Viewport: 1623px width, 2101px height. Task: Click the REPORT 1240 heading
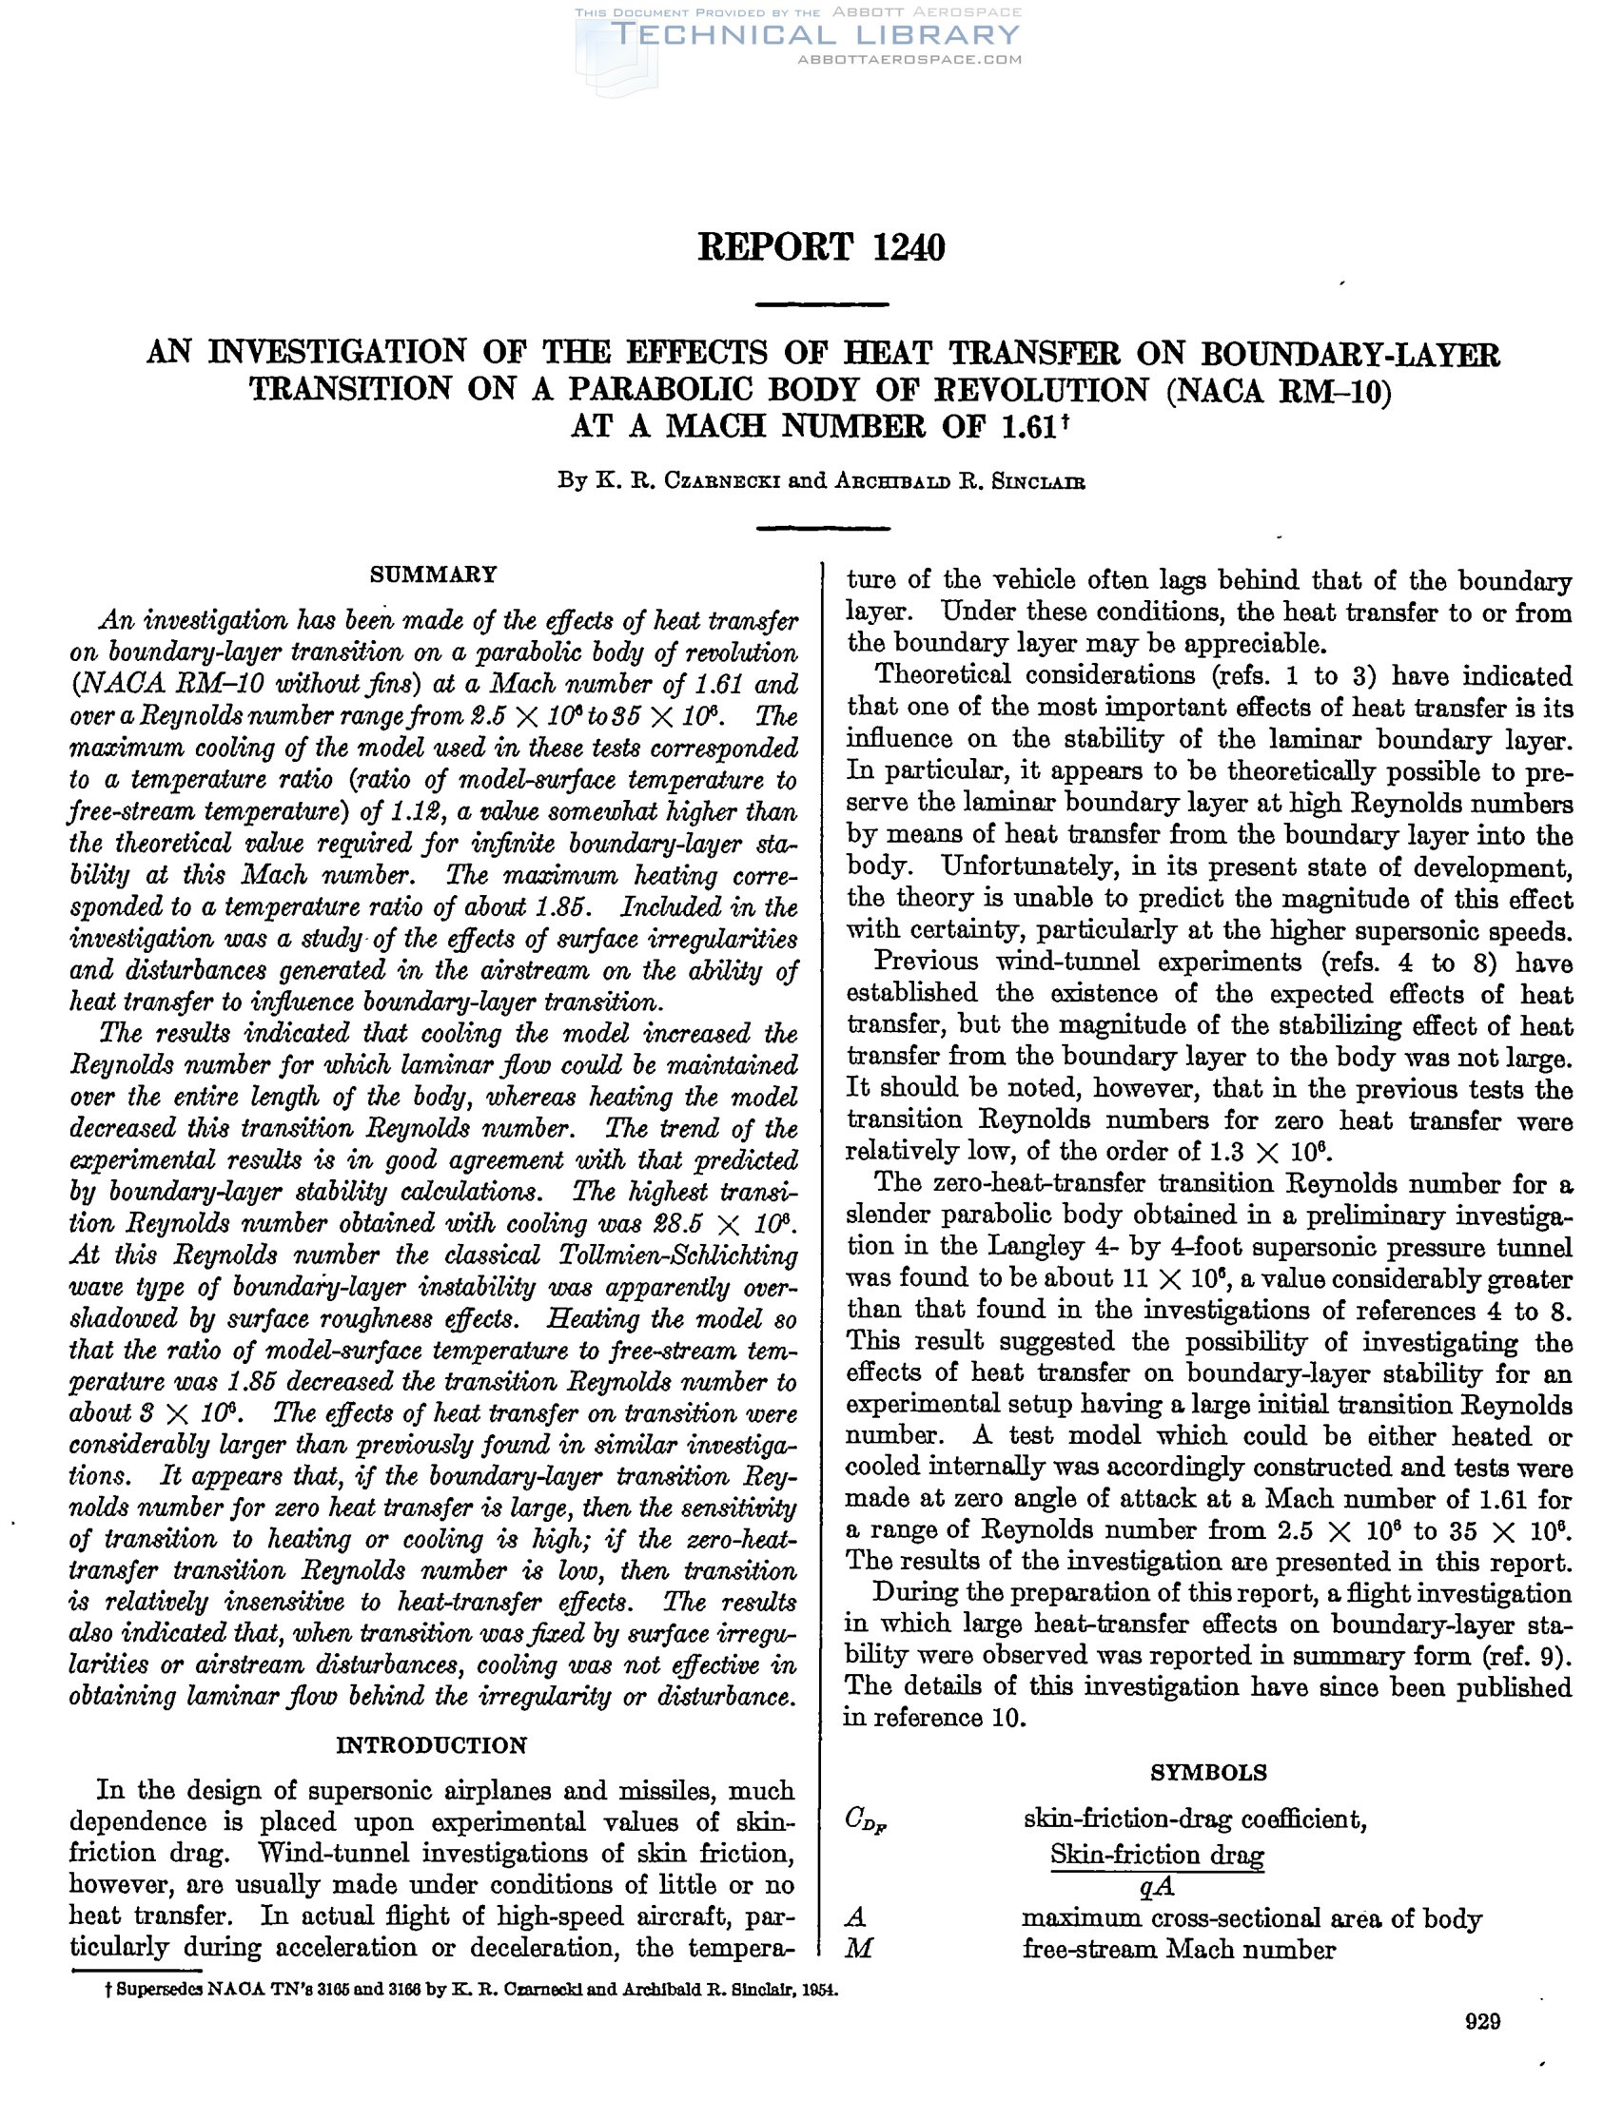tap(821, 248)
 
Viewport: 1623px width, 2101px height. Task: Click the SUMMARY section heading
tap(433, 574)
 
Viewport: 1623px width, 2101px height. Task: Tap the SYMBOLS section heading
tap(1208, 1772)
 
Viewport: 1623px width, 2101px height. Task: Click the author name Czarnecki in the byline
tap(723, 481)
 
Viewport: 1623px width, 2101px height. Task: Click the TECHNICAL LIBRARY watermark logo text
tap(815, 35)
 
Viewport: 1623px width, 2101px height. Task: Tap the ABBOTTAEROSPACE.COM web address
tap(909, 60)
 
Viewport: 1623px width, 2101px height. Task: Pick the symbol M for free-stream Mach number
tap(857, 1949)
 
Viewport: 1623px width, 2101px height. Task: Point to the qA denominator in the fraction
tap(1156, 1886)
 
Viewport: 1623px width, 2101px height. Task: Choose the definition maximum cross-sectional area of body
tap(1251, 1918)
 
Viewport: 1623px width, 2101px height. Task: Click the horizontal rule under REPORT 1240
tap(822, 305)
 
